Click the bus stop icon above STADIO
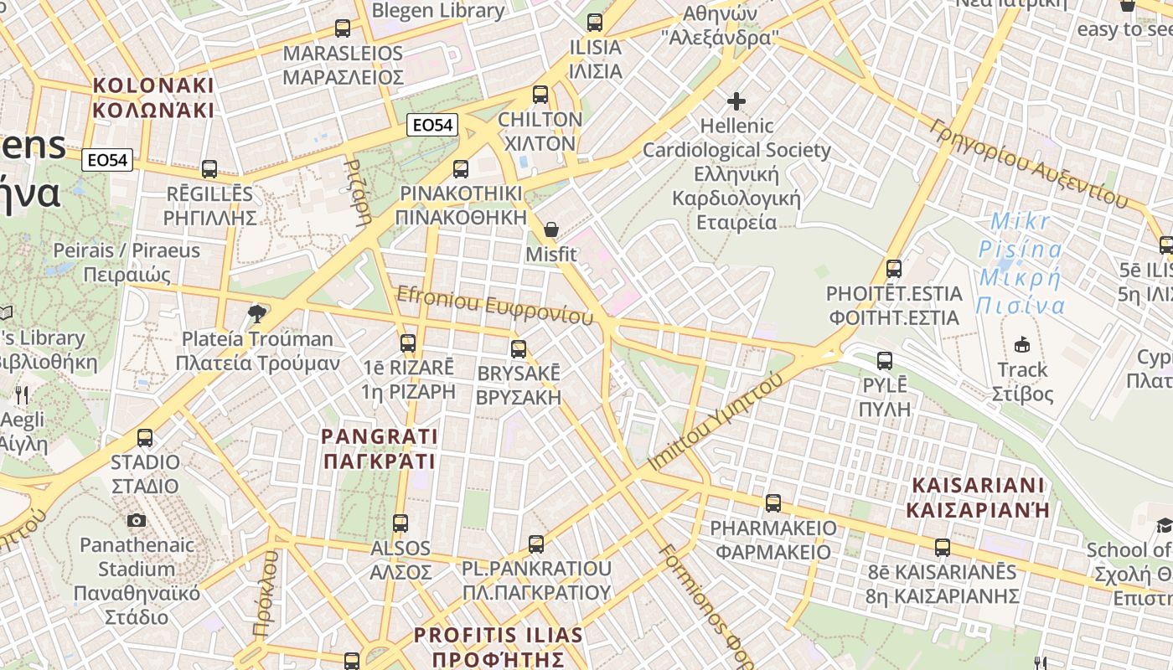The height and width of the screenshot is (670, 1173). click(145, 438)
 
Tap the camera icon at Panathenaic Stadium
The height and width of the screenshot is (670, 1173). click(137, 521)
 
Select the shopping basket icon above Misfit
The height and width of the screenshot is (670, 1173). click(551, 229)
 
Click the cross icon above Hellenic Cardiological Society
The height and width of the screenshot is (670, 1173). click(736, 101)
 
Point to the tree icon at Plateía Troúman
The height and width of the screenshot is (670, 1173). click(257, 314)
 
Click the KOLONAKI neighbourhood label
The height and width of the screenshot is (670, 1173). click(153, 97)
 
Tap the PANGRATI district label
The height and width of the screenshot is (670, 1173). click(380, 449)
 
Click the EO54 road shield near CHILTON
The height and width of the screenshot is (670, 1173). click(433, 126)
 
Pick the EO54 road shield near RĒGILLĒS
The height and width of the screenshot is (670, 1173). click(109, 159)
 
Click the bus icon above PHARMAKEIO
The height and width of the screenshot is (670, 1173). click(773, 503)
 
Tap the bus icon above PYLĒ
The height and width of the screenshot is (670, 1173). click(885, 361)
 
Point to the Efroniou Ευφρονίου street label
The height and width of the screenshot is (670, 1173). click(494, 305)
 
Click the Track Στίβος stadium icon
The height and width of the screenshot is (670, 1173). click(1022, 344)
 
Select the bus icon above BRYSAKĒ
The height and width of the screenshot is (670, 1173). click(519, 349)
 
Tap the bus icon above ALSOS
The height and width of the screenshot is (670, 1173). click(400, 523)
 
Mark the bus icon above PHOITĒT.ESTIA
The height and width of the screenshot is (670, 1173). click(894, 269)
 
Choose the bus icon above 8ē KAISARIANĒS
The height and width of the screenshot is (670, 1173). click(943, 548)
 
